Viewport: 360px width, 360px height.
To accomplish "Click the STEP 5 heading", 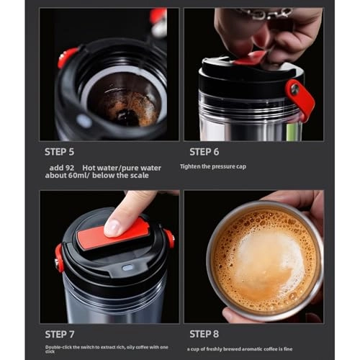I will [59, 152].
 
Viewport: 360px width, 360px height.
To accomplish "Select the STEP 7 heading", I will [59, 334].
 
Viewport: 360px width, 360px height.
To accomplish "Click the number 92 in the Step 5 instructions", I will [81, 167].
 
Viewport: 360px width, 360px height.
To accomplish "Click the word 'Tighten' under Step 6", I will [189, 166].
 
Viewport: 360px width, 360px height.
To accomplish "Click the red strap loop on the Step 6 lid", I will [300, 97].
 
